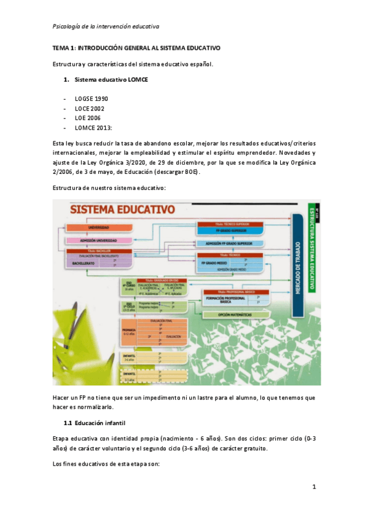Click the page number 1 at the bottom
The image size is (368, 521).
[313, 487]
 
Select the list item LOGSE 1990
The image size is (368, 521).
[92, 99]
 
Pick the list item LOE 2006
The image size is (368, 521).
[88, 118]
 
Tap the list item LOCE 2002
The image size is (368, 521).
[90, 109]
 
